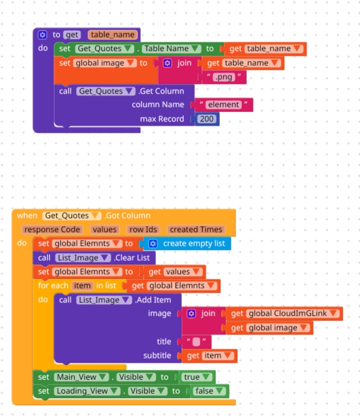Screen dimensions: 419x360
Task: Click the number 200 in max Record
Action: pyautogui.click(x=207, y=119)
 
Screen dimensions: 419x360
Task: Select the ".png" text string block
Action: pyautogui.click(x=223, y=77)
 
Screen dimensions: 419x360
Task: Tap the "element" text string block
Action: pyautogui.click(x=223, y=104)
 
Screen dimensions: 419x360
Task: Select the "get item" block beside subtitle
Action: pyautogui.click(x=208, y=355)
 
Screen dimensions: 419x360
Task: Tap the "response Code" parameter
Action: pyautogui.click(x=52, y=229)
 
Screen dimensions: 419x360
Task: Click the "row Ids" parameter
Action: pyautogui.click(x=144, y=229)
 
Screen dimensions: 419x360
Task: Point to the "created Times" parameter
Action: pyautogui.click(x=196, y=229)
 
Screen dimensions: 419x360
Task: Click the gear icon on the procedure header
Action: pyautogui.click(x=42, y=34)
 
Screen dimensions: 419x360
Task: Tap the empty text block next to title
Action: pyautogui.click(x=196, y=341)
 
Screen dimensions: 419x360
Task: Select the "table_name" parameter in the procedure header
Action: pyautogui.click(x=112, y=34)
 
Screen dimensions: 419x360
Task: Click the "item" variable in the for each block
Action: pyautogui.click(x=82, y=285)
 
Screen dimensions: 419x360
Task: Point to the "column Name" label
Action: pyautogui.click(x=158, y=104)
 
